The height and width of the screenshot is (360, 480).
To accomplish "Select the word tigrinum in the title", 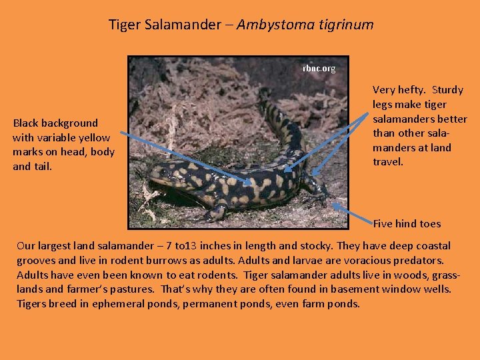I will pos(345,25).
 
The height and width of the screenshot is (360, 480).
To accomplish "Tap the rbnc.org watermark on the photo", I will pos(319,68).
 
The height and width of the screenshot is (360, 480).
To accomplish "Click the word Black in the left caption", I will pos(25,123).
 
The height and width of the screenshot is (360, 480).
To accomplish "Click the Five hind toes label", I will pos(407,223).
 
